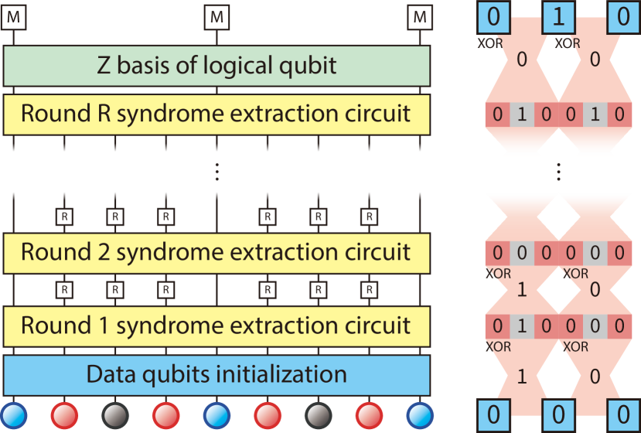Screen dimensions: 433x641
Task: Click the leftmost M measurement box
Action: point(13,16)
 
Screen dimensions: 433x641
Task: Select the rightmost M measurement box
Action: point(419,16)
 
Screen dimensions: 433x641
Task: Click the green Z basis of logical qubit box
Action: point(217,65)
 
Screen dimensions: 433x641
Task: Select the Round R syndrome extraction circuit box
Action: point(217,114)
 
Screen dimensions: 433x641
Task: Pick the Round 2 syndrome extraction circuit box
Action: point(217,252)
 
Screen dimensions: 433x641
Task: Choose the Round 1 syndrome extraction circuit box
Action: point(217,325)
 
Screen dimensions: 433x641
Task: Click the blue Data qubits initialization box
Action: point(217,375)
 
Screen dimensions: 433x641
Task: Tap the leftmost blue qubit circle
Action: point(13,414)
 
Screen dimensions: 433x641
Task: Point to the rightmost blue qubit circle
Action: point(419,414)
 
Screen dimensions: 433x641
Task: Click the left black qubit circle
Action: point(114,414)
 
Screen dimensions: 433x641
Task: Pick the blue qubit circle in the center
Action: point(217,414)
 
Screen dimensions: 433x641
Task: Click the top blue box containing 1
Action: point(558,18)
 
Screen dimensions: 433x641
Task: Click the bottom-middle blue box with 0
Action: point(558,415)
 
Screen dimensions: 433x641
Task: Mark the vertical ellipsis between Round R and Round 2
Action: point(217,172)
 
